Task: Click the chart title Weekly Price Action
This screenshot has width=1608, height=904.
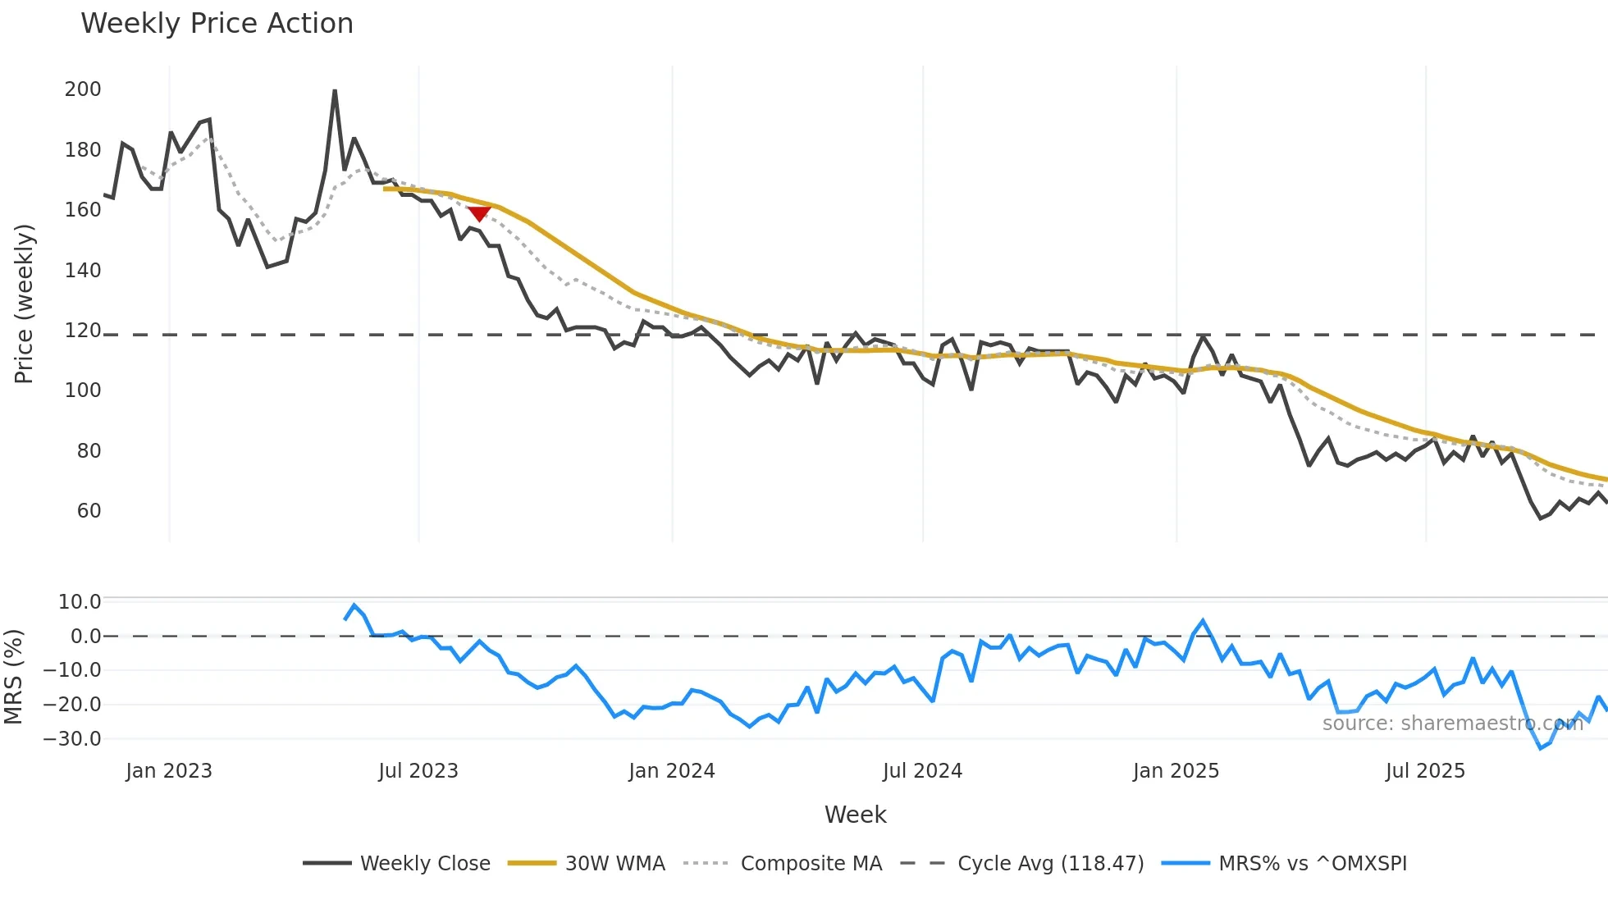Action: pyautogui.click(x=217, y=24)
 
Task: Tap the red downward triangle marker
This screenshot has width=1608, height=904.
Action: pyautogui.click(x=479, y=213)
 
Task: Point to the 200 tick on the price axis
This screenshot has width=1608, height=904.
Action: pyautogui.click(x=83, y=89)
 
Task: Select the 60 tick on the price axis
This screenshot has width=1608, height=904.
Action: pyautogui.click(x=89, y=511)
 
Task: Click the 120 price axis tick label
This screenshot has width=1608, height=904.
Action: pyautogui.click(x=83, y=331)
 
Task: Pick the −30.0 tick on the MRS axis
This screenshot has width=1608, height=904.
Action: pyautogui.click(x=72, y=739)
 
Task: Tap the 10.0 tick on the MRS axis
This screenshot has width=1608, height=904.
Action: pyautogui.click(x=80, y=602)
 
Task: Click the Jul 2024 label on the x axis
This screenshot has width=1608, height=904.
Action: pyautogui.click(x=922, y=771)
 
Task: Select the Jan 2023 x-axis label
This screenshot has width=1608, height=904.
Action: pyautogui.click(x=169, y=771)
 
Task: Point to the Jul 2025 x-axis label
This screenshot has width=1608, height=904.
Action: pyautogui.click(x=1425, y=771)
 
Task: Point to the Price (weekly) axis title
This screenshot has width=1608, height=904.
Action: pyautogui.click(x=24, y=304)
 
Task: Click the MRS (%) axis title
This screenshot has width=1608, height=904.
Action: pyautogui.click(x=13, y=677)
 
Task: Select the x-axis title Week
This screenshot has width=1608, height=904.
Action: pyautogui.click(x=855, y=815)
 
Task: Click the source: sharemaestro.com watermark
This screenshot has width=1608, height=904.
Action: pyautogui.click(x=1452, y=724)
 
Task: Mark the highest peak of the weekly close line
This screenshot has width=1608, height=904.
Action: pyautogui.click(x=335, y=91)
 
